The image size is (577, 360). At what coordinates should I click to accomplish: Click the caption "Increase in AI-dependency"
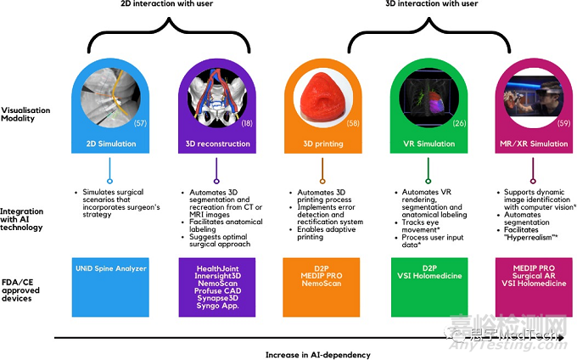(317, 350)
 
